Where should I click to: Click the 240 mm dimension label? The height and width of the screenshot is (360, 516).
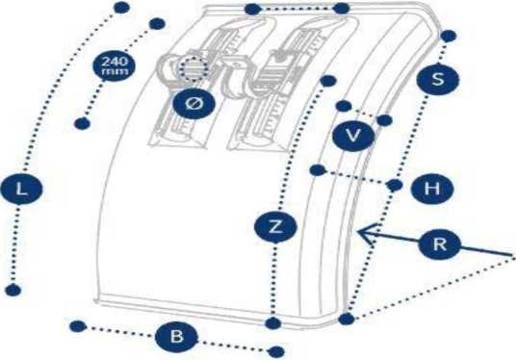pos(114,65)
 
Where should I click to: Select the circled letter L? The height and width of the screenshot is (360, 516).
pos(22,190)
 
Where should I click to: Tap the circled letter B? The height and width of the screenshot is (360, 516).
pos(177,337)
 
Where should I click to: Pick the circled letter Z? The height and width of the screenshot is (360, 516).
pos(275,227)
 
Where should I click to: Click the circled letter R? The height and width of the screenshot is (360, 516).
pos(439,244)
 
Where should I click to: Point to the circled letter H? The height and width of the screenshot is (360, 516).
pos(432,189)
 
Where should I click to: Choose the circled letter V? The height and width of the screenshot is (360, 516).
pos(353,136)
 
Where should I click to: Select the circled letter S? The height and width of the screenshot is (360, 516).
pos(437,79)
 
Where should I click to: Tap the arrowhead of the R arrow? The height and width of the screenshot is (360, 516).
pos(359,231)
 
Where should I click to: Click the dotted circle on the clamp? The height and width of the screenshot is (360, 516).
pos(193,69)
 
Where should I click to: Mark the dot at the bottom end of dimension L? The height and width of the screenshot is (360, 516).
pos(13,290)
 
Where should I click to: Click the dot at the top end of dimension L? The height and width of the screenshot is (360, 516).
pos(121,8)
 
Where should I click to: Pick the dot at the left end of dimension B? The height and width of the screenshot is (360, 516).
pos(78,326)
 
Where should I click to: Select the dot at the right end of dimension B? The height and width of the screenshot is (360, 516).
pos(276,351)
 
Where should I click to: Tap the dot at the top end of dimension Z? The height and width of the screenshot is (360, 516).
pos(328,81)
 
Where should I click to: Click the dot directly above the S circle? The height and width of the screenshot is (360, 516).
pos(448,36)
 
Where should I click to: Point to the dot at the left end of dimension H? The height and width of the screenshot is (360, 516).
pos(318,170)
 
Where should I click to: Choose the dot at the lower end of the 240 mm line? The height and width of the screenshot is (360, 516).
pos(82,123)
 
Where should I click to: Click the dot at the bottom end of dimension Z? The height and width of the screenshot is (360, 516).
pos(272,323)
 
